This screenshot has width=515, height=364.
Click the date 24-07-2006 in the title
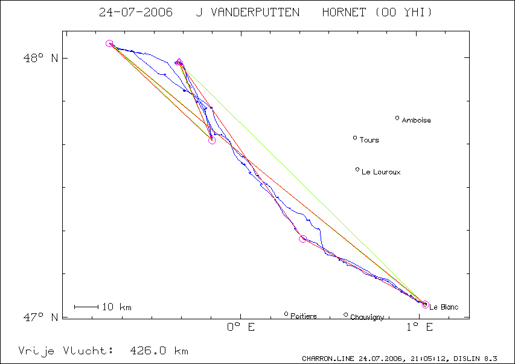(136, 13)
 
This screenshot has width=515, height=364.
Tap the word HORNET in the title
(344, 13)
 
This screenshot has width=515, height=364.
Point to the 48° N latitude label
(40, 58)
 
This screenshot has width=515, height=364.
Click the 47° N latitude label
(40, 317)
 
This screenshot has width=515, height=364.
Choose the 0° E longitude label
(241, 327)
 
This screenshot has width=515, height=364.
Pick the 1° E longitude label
(420, 327)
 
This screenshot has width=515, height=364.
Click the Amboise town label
(416, 120)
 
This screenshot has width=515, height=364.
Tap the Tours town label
(369, 140)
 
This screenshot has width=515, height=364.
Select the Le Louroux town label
(381, 172)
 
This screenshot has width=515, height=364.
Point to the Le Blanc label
(444, 307)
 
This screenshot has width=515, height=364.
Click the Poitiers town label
(304, 316)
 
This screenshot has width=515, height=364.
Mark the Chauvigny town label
(367, 317)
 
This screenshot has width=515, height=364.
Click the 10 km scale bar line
(86, 307)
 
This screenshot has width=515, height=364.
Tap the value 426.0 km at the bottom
(159, 351)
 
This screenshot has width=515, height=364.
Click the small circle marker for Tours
(355, 138)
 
